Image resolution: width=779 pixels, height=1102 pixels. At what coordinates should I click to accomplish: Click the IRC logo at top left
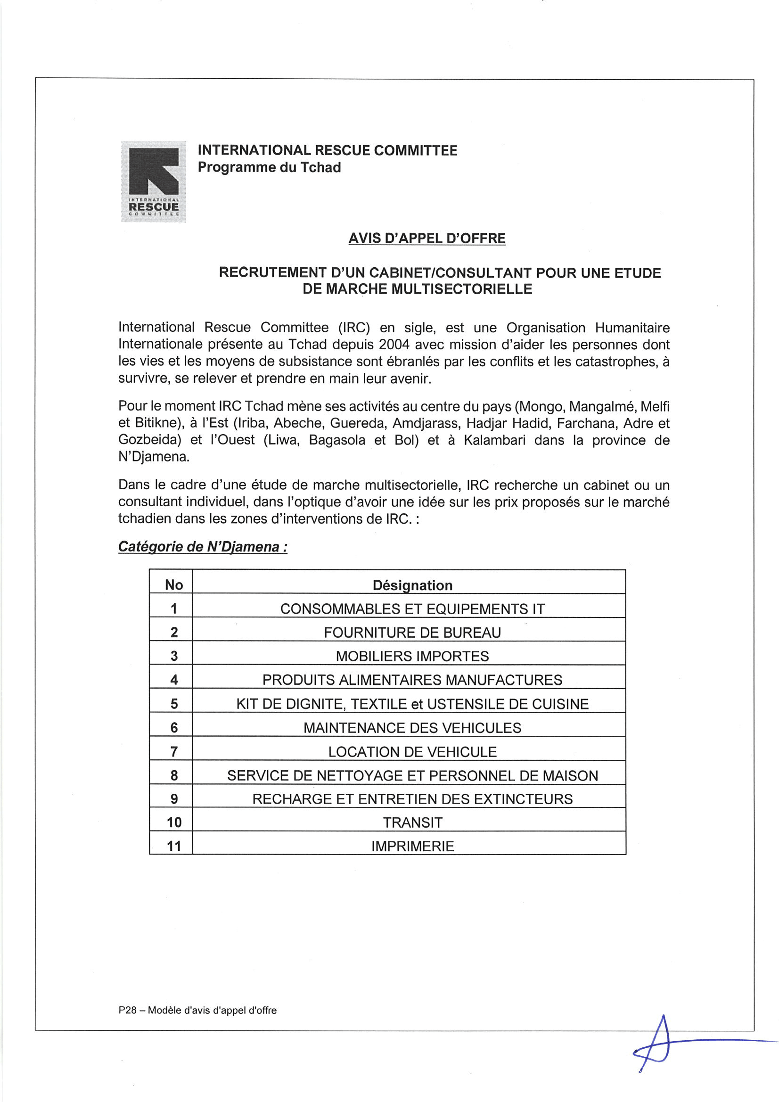[153, 181]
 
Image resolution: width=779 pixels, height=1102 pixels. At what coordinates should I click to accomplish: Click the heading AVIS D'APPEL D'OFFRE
[426, 238]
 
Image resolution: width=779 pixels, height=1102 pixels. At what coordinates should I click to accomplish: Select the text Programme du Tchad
[269, 167]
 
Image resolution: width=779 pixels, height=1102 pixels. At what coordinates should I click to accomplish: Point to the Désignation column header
[412, 585]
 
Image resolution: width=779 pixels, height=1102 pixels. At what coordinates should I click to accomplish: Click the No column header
[174, 584]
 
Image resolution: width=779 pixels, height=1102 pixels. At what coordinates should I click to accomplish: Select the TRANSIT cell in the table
[412, 822]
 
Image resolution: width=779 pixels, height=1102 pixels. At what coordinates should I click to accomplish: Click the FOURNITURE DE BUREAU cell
[412, 633]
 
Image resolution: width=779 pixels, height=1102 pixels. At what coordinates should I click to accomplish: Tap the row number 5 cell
[174, 704]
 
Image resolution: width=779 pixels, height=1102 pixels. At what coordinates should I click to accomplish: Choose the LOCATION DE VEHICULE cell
[412, 752]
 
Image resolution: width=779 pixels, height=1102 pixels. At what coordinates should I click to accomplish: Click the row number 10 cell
[174, 822]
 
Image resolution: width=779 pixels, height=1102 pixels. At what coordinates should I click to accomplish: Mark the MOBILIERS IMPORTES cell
[412, 656]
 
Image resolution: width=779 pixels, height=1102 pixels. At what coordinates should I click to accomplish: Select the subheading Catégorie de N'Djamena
[203, 547]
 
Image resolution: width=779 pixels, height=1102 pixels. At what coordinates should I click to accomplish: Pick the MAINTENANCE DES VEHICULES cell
[412, 728]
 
